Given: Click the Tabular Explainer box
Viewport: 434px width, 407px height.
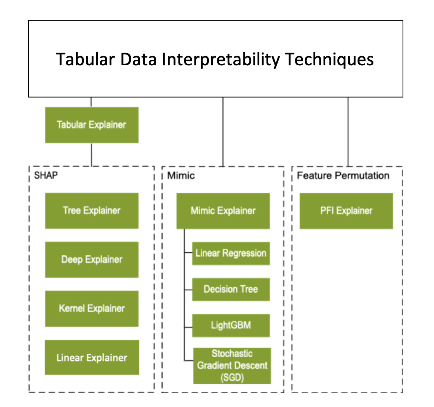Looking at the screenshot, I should click(92, 125).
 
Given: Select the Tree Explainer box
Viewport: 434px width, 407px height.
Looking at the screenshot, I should click(92, 211).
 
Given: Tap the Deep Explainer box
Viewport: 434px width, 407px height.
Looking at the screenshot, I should click(92, 260).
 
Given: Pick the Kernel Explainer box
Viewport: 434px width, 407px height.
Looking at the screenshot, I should click(92, 309).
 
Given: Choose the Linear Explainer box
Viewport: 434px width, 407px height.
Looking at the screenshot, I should click(92, 358).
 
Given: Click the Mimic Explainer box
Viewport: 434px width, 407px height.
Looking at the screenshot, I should click(223, 211).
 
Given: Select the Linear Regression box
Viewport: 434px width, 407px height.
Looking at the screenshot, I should click(231, 253).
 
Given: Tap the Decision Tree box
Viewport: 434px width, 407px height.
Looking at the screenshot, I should click(231, 289).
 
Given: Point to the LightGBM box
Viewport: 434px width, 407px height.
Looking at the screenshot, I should click(231, 325).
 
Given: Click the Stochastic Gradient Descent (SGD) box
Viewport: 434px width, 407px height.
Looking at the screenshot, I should click(232, 365).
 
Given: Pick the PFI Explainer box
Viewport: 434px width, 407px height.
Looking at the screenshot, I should click(346, 211).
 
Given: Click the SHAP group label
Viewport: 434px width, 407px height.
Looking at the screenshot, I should click(46, 175).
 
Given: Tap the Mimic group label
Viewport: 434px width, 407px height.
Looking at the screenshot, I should click(181, 175).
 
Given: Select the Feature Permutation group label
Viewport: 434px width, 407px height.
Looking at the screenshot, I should click(343, 175).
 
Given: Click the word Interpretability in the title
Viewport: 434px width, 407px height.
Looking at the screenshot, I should click(215, 59).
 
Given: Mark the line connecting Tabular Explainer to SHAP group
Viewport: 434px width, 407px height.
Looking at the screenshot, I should click(91, 154).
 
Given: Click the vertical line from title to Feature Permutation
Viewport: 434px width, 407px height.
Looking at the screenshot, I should click(348, 131).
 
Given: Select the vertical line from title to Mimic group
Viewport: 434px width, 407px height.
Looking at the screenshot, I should click(223, 131).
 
